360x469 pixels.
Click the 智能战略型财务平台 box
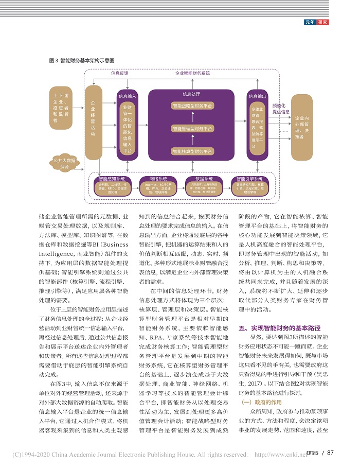point(192,106)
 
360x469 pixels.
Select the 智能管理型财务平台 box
point(192,129)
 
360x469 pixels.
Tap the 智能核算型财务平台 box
point(192,151)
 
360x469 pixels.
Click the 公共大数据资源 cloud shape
point(64,164)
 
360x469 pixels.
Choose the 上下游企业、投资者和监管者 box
point(62,109)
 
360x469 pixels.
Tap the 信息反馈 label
point(120,73)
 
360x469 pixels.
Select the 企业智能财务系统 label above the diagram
point(192,73)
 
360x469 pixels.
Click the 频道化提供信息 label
point(281,108)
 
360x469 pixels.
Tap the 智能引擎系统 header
point(249,179)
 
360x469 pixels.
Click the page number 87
point(330,453)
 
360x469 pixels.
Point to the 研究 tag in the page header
point(322,22)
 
